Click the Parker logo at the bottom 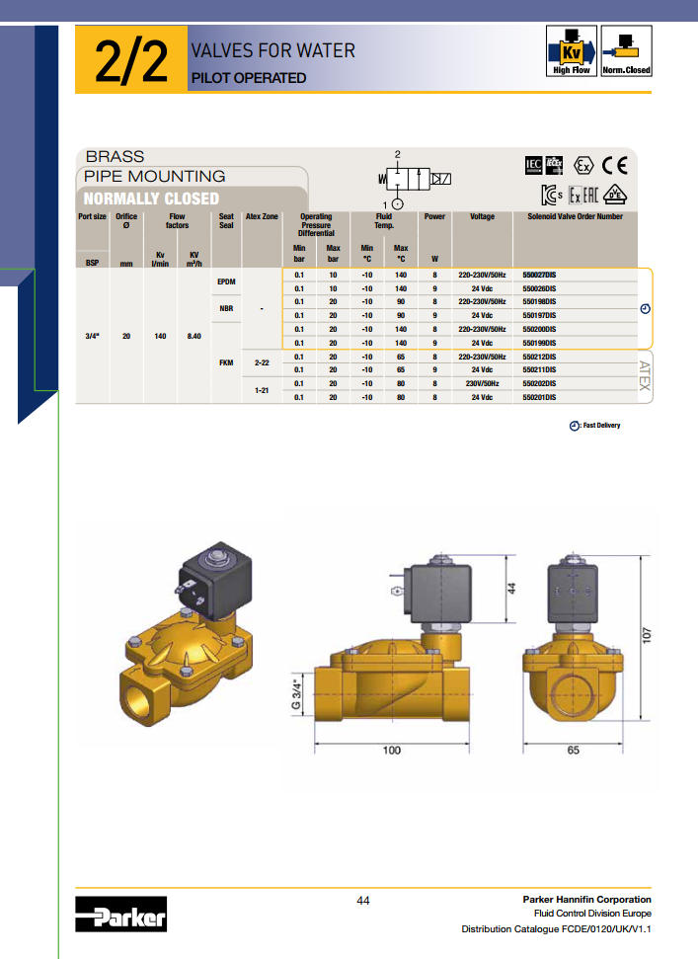(x=121, y=914)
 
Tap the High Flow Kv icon (x=571, y=50)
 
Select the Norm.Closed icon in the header (x=626, y=50)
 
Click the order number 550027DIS (x=539, y=276)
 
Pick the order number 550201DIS (x=539, y=398)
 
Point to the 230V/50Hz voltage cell (x=482, y=383)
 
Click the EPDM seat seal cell (x=226, y=281)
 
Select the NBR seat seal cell (x=226, y=309)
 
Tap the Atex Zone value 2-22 (x=262, y=362)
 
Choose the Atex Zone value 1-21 (x=262, y=390)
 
